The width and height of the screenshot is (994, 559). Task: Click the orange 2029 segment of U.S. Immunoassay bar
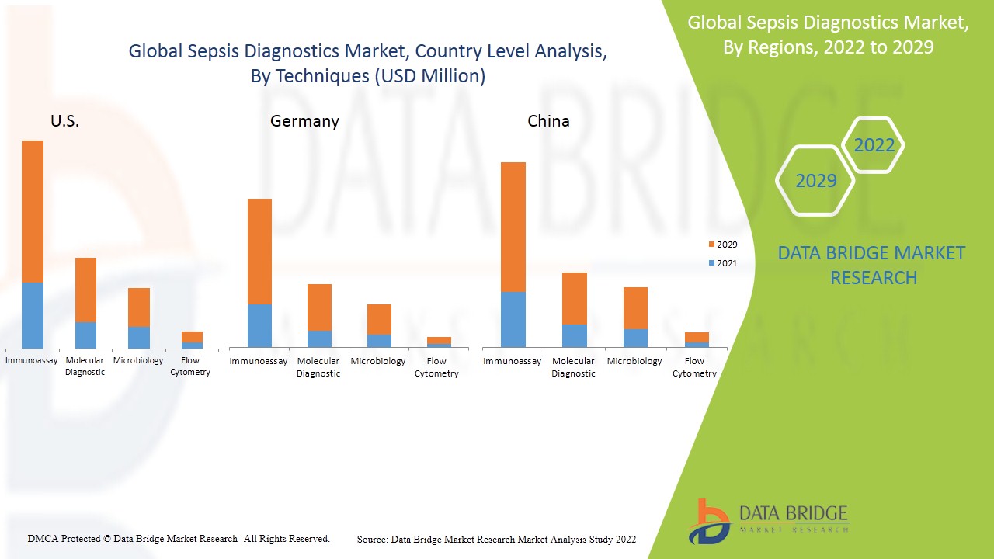point(33,211)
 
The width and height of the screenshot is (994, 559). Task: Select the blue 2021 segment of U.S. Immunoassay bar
point(33,315)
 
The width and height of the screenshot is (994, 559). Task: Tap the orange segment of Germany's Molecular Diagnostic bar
point(319,307)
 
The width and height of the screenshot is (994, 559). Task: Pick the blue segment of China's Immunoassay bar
point(513,319)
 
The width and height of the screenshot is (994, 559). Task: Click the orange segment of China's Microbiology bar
point(634,308)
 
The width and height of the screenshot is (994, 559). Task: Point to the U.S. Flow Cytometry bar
point(192,340)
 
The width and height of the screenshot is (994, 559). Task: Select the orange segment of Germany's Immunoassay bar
point(259,252)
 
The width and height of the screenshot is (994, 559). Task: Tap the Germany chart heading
point(304,121)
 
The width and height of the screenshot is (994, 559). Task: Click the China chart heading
point(548,121)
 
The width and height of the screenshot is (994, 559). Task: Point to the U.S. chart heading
point(64,121)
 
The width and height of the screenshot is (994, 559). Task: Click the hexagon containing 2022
point(874,145)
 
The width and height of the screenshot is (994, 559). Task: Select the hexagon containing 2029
point(815,181)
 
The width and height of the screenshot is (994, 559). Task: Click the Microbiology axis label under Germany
point(378,361)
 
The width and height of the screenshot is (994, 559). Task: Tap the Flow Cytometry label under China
point(694,367)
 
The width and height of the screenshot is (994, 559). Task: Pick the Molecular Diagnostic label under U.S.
point(85,366)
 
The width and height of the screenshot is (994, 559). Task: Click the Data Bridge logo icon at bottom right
point(709,521)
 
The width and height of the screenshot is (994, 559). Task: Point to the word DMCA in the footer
point(42,538)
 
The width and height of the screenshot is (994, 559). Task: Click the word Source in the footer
point(372,539)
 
